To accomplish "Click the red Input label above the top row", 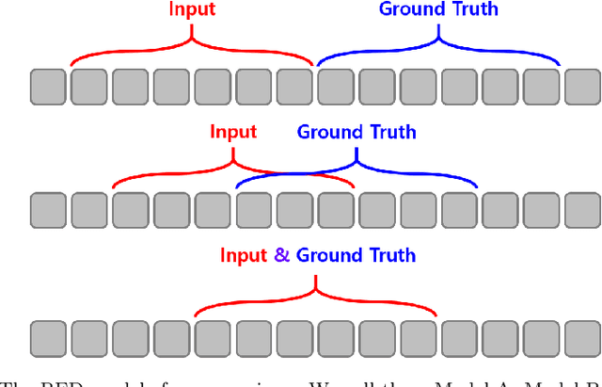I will pyautogui.click(x=192, y=10).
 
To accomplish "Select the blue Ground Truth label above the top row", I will pyautogui.click(x=438, y=10).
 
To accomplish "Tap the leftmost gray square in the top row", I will pyautogui.click(x=48, y=87).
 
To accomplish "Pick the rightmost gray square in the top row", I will pyautogui.click(x=583, y=87).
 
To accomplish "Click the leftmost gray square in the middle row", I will pyautogui.click(x=48, y=209).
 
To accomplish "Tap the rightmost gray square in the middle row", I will pyautogui.click(x=583, y=209).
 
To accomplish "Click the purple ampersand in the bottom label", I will pyautogui.click(x=281, y=255).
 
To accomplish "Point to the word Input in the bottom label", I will pyautogui.click(x=244, y=255).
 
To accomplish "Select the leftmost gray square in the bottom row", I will pyautogui.click(x=48, y=337).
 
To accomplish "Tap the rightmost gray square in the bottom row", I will pyautogui.click(x=583, y=337).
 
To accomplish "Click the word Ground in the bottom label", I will pyautogui.click(x=328, y=255).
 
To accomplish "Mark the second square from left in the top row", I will pyautogui.click(x=89, y=87).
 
